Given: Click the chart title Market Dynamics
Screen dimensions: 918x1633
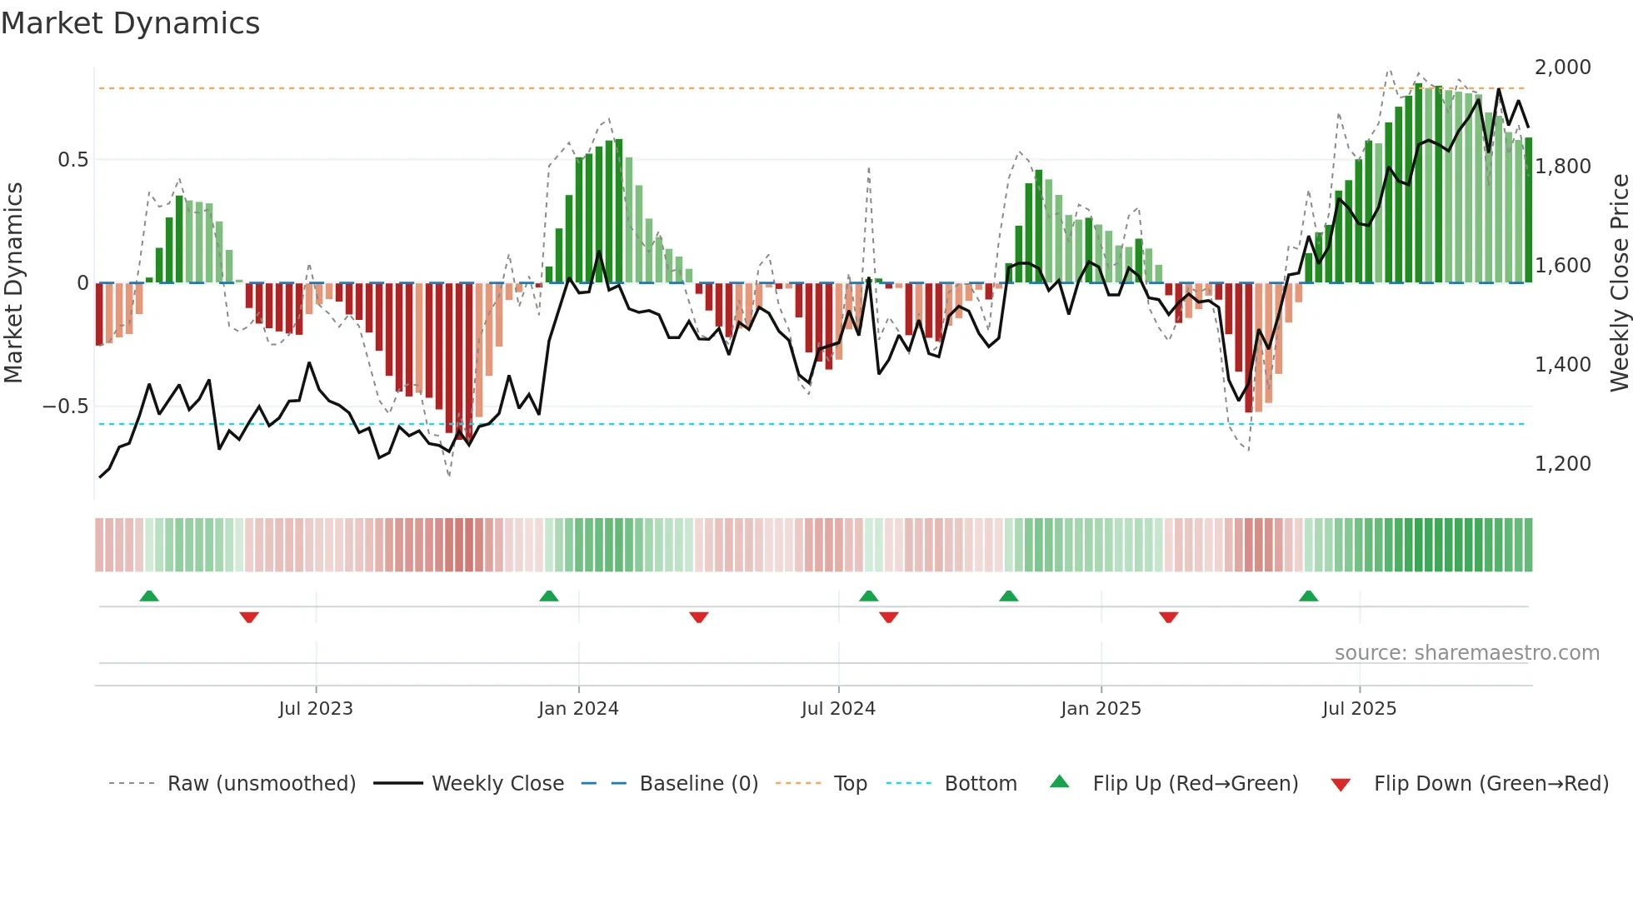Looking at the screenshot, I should (130, 23).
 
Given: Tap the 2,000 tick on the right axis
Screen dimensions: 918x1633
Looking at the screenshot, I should (1562, 67).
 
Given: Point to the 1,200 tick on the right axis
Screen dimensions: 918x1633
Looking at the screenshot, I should (1562, 464).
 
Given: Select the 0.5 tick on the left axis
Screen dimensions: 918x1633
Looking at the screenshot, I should (72, 160).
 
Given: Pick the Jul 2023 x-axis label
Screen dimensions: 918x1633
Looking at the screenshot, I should (316, 709).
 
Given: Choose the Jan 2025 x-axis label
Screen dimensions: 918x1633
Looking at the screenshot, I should (1101, 709).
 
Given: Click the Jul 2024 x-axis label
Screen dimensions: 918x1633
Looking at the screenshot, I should (838, 709).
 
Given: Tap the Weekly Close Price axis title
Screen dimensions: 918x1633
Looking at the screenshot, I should (1619, 283).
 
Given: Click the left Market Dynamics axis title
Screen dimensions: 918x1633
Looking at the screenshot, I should (13, 283).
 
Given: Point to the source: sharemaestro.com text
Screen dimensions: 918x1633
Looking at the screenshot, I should (1466, 653).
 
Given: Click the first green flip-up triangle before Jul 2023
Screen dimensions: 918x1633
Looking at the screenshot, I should (149, 596).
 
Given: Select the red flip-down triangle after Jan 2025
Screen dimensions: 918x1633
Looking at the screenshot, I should (1168, 617).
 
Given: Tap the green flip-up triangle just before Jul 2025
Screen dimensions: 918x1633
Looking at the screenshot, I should (1308, 596).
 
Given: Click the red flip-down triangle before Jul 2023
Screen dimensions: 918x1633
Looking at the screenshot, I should (249, 617).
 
